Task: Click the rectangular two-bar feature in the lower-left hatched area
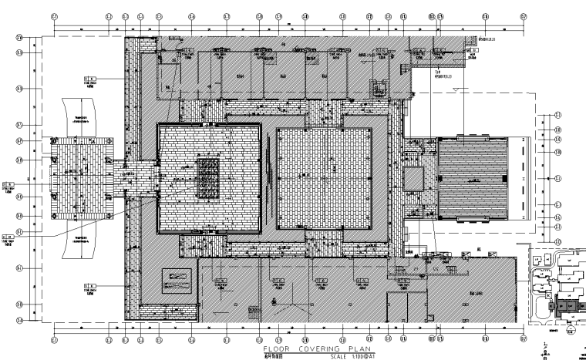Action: (x=176, y=280)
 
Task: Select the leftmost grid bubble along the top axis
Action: (x=54, y=15)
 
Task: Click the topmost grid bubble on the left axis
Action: (x=19, y=35)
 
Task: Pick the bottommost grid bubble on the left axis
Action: (x=19, y=319)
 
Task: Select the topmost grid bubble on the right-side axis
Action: (x=557, y=116)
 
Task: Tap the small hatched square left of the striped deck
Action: (x=413, y=179)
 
